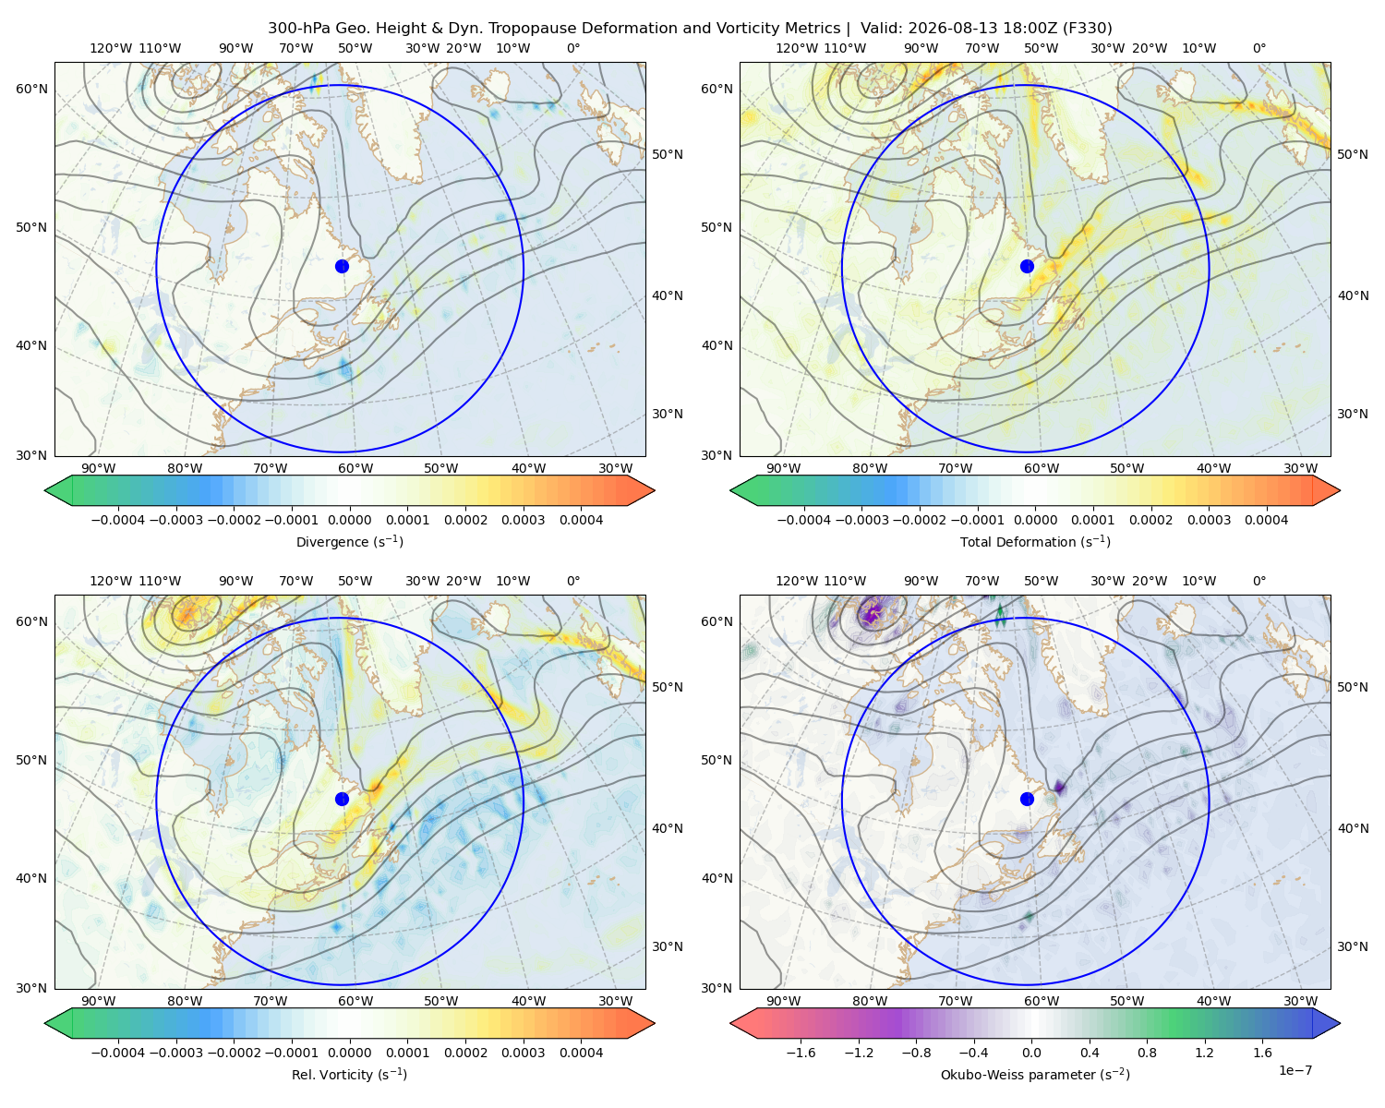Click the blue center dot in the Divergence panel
[x=342, y=266]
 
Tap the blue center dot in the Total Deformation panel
[x=1027, y=266]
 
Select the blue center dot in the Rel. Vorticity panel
[x=342, y=799]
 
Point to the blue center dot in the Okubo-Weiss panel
[x=1027, y=799]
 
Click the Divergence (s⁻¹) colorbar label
[x=349, y=541]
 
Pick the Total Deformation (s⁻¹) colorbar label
[x=1035, y=541]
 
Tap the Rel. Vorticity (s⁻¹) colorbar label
[x=349, y=1074]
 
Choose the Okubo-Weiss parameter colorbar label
[x=1035, y=1074]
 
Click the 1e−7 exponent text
[x=1295, y=1070]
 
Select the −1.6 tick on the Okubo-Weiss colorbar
[x=801, y=1053]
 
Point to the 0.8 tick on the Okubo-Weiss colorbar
[x=1147, y=1053]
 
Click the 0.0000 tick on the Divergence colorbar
[x=349, y=520]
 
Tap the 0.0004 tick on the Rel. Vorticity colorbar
[x=581, y=1053]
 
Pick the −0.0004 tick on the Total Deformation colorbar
[x=804, y=520]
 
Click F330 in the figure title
[x=1088, y=29]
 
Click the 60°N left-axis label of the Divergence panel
[x=31, y=89]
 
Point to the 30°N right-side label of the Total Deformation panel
[x=1353, y=414]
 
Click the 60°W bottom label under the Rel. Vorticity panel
[x=355, y=1001]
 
